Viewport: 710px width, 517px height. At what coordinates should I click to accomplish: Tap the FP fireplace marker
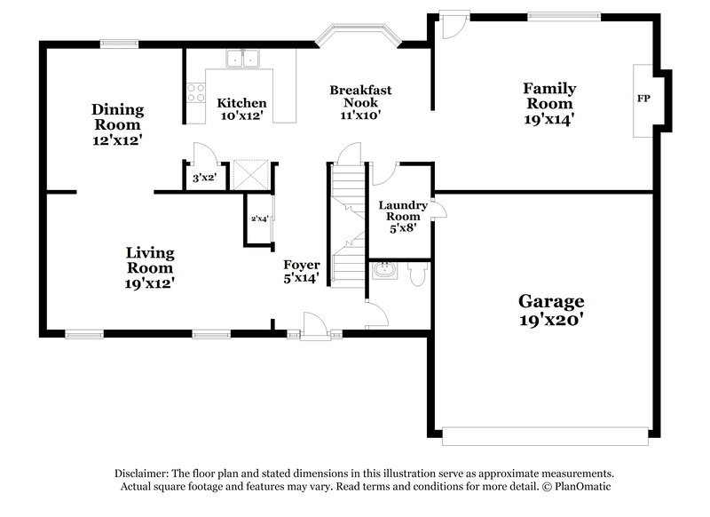(x=643, y=99)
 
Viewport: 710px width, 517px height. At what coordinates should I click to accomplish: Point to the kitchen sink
(x=241, y=60)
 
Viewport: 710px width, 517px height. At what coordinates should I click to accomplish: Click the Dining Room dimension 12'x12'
(x=117, y=139)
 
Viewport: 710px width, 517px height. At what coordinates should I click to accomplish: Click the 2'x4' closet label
(x=259, y=218)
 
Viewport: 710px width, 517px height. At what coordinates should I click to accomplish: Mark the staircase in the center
(x=347, y=222)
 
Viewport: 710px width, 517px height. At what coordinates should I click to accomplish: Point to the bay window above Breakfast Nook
(x=359, y=36)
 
